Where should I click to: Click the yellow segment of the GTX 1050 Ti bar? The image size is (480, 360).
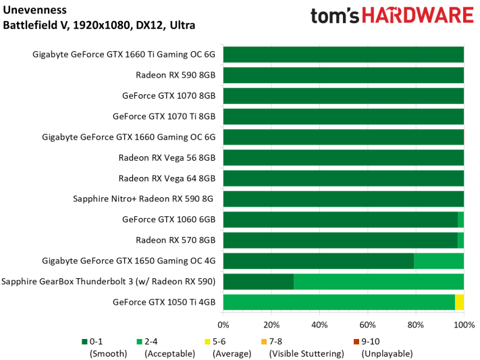459,302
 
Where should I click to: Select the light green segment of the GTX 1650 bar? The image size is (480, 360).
439,261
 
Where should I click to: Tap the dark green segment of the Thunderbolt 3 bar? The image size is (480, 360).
258,282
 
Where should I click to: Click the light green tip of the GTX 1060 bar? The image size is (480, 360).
461,220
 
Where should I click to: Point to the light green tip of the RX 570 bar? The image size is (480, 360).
461,240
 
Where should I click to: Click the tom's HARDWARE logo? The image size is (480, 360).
392,16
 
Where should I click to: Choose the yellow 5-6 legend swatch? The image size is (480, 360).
209,342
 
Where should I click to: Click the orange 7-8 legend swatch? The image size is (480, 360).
265,342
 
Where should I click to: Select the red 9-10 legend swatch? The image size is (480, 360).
357,342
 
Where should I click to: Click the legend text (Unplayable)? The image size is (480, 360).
387,353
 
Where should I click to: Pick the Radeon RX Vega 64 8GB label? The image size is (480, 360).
167,179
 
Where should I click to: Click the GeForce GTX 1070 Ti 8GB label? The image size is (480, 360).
164,116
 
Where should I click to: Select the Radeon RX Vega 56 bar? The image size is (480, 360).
343,158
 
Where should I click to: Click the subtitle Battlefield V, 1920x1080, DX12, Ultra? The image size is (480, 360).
99,26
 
